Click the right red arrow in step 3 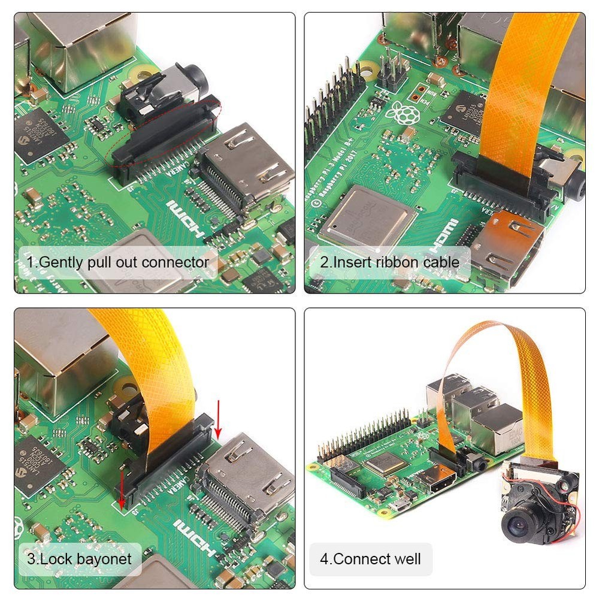tap(217, 423)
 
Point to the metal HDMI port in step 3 tap(246, 479)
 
